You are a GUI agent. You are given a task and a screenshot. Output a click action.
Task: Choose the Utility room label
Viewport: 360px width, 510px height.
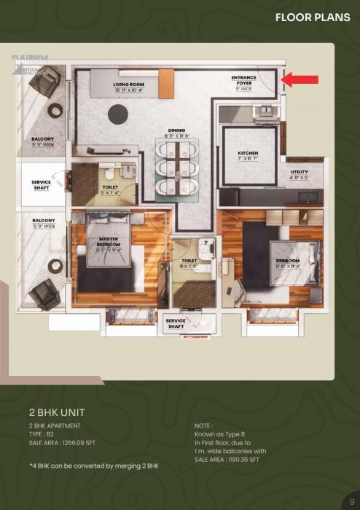click(x=300, y=174)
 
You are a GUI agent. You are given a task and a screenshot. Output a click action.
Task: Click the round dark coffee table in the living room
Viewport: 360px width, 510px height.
click(x=117, y=113)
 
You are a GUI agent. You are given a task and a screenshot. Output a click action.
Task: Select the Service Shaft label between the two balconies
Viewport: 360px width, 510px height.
click(x=42, y=185)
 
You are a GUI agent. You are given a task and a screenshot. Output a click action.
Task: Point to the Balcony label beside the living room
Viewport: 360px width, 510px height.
click(x=43, y=141)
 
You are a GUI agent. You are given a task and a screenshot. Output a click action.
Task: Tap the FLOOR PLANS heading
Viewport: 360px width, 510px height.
click(x=312, y=17)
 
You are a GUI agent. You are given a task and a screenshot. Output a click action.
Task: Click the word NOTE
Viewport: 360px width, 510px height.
click(x=203, y=425)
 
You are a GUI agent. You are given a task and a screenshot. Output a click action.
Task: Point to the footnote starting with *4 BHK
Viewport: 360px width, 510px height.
click(x=94, y=465)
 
